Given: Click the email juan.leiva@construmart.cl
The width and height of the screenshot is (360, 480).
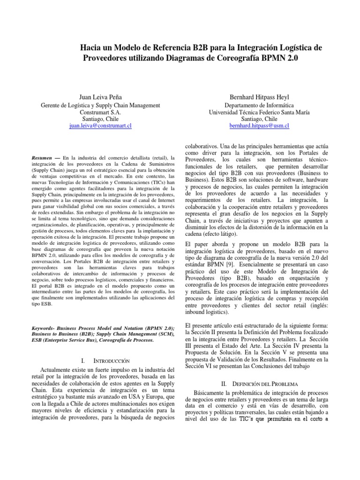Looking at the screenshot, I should [x=101, y=126].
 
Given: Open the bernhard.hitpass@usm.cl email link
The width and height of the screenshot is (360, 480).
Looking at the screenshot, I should [x=259, y=126].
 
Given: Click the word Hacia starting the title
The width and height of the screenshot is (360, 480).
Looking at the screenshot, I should [x=92, y=48].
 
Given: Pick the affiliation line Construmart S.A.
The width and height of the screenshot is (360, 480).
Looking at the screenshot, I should [x=101, y=112].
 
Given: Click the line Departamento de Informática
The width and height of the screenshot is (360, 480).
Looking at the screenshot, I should [x=259, y=105].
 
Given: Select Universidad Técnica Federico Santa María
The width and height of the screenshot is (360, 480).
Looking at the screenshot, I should [x=259, y=112].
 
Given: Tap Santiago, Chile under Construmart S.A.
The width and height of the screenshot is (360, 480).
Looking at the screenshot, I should [x=101, y=119].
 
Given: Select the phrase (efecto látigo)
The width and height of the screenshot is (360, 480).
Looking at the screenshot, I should [x=220, y=234].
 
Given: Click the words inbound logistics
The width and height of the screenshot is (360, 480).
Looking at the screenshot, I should [x=207, y=312].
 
